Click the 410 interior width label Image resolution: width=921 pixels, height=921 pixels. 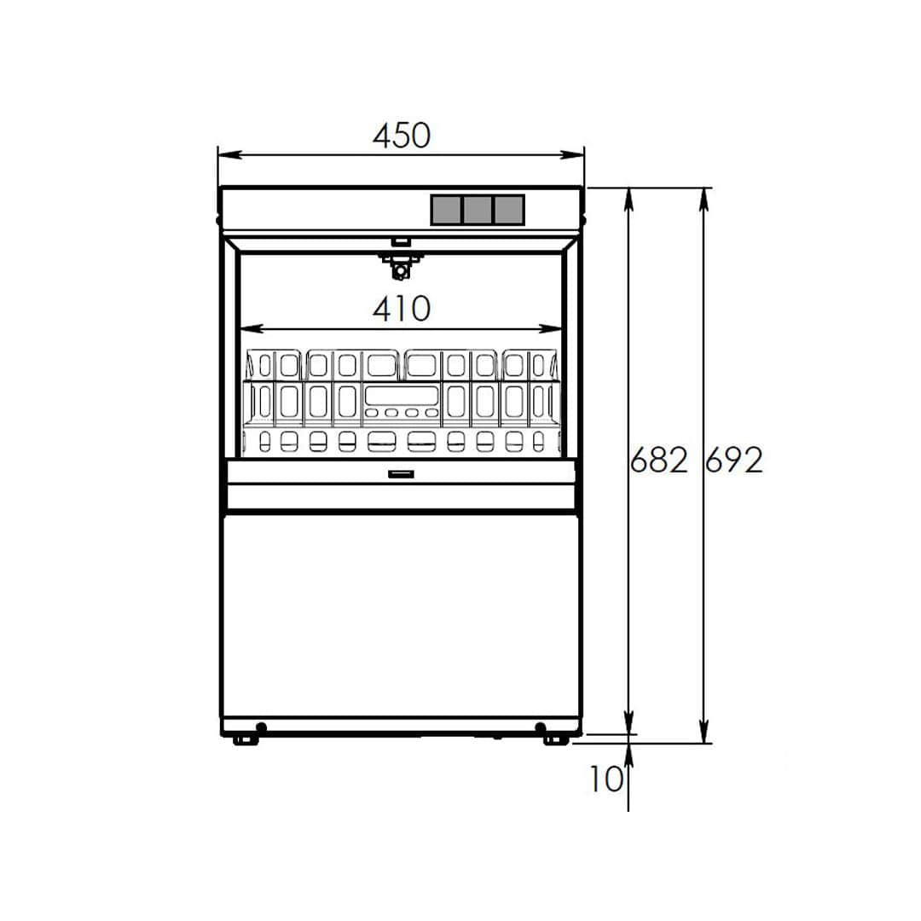[x=402, y=309]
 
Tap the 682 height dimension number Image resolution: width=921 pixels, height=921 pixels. [x=658, y=460]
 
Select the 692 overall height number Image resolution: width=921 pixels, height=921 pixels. [x=734, y=460]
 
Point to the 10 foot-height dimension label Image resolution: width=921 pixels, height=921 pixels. [x=605, y=779]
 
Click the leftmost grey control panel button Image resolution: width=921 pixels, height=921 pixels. [x=446, y=210]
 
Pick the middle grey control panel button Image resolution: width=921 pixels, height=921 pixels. [x=478, y=210]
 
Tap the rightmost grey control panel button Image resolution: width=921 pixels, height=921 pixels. [x=508, y=210]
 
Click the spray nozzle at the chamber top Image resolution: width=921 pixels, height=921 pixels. [x=401, y=266]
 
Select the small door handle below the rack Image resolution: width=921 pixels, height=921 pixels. [x=401, y=473]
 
